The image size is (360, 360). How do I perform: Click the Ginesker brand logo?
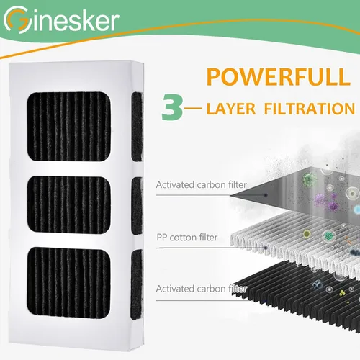[61, 19]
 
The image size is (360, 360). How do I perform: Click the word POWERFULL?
[279, 77]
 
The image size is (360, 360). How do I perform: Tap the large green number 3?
[172, 107]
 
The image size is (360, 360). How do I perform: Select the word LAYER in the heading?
[231, 109]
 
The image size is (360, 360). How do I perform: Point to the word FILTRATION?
[310, 109]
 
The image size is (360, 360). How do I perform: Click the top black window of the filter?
[69, 126]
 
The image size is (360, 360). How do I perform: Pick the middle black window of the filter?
[69, 204]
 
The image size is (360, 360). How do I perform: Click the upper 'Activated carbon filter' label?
[201, 185]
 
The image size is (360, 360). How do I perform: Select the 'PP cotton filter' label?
[187, 238]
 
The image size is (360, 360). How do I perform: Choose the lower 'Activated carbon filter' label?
[201, 289]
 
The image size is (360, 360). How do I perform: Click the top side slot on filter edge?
[138, 127]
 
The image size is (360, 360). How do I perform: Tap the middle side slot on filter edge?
[138, 206]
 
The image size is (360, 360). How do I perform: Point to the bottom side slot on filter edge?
[137, 284]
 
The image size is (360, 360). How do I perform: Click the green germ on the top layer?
[309, 180]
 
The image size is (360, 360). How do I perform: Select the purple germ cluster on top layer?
[326, 201]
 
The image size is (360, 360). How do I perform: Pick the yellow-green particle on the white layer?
[307, 233]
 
